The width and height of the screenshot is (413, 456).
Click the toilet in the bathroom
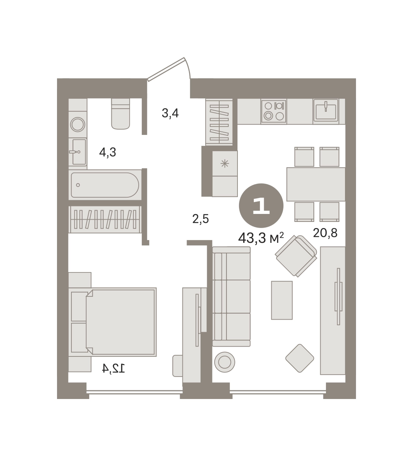pos(120,114)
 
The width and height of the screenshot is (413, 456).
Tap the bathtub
pos(105,185)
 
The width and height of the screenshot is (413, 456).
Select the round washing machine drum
pos(78,125)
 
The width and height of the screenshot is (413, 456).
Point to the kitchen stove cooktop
pos(274,111)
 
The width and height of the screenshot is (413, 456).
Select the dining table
pos(316,184)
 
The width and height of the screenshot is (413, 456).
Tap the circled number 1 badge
pos(261,206)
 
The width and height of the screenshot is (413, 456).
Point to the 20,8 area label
pos(325,233)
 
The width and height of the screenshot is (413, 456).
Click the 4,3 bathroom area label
pos(108,152)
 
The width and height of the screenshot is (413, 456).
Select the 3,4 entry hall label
pos(170,113)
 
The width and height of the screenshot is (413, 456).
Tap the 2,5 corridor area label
pos(201,219)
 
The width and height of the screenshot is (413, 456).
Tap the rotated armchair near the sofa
pos(296,256)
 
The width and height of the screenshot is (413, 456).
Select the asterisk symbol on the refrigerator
pos(225,163)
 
